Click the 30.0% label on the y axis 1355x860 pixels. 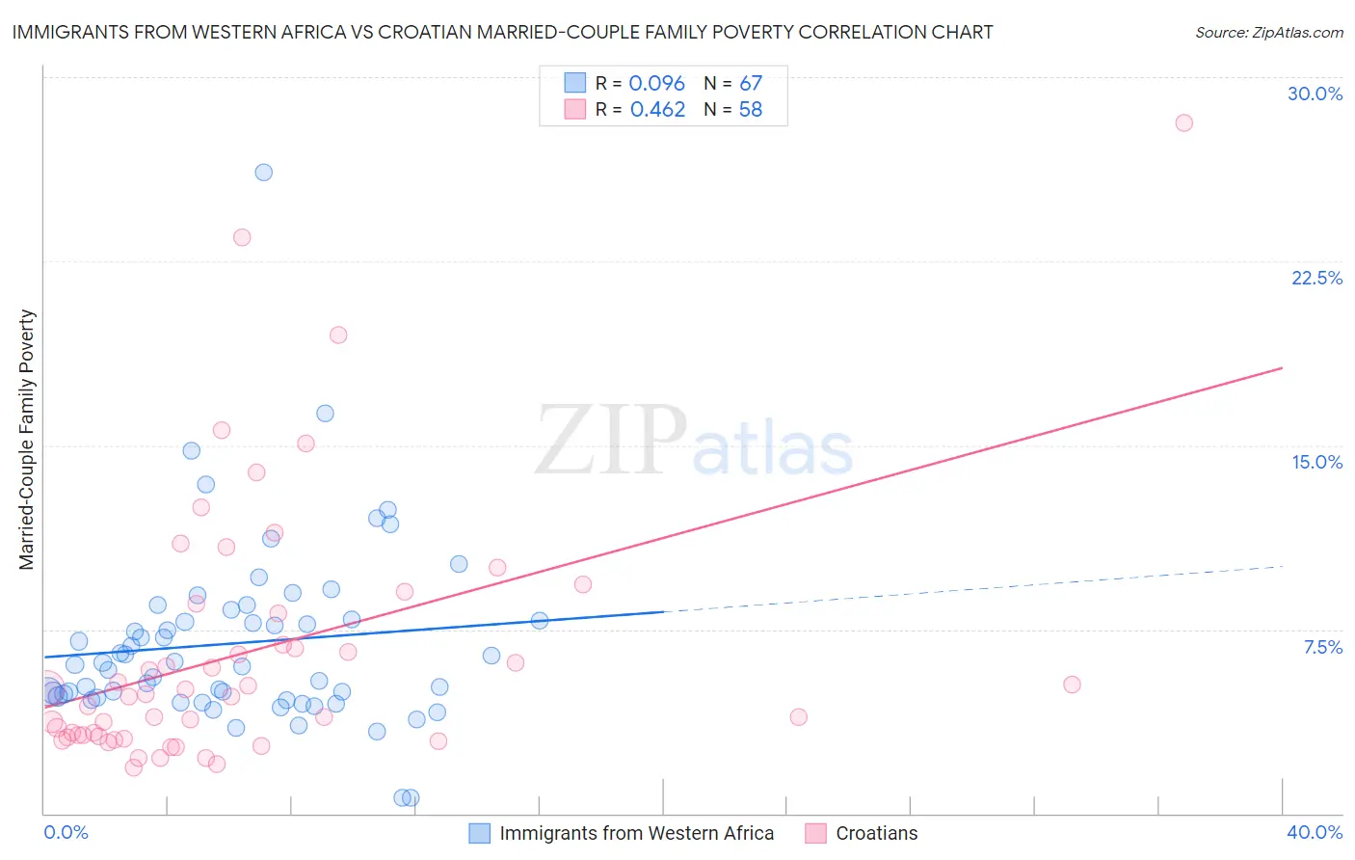pyautogui.click(x=1315, y=94)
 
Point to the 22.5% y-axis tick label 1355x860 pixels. pyautogui.click(x=1316, y=278)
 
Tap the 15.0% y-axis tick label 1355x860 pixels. pyautogui.click(x=1316, y=462)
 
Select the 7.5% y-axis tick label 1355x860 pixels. pyautogui.click(x=1322, y=647)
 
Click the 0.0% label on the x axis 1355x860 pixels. pyautogui.click(x=66, y=832)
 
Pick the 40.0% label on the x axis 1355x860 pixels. pyautogui.click(x=1314, y=832)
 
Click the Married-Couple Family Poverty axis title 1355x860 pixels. pyautogui.click(x=27, y=440)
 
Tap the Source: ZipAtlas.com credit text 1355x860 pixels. pyautogui.click(x=1268, y=33)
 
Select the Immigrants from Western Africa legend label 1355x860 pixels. pyautogui.click(x=636, y=833)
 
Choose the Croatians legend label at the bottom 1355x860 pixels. pyautogui.click(x=876, y=833)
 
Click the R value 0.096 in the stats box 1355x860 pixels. pyautogui.click(x=656, y=84)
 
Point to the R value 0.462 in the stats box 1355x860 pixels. pyautogui.click(x=657, y=110)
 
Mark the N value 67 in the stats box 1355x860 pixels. pyautogui.click(x=750, y=84)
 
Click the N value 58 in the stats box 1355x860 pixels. pyautogui.click(x=750, y=110)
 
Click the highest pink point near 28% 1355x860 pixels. pyautogui.click(x=1183, y=122)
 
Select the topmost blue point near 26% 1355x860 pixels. pyautogui.click(x=263, y=173)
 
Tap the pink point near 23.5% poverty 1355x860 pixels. pyautogui.click(x=242, y=237)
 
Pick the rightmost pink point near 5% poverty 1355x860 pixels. pyautogui.click(x=1072, y=685)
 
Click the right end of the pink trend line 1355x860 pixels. pyautogui.click(x=1282, y=367)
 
